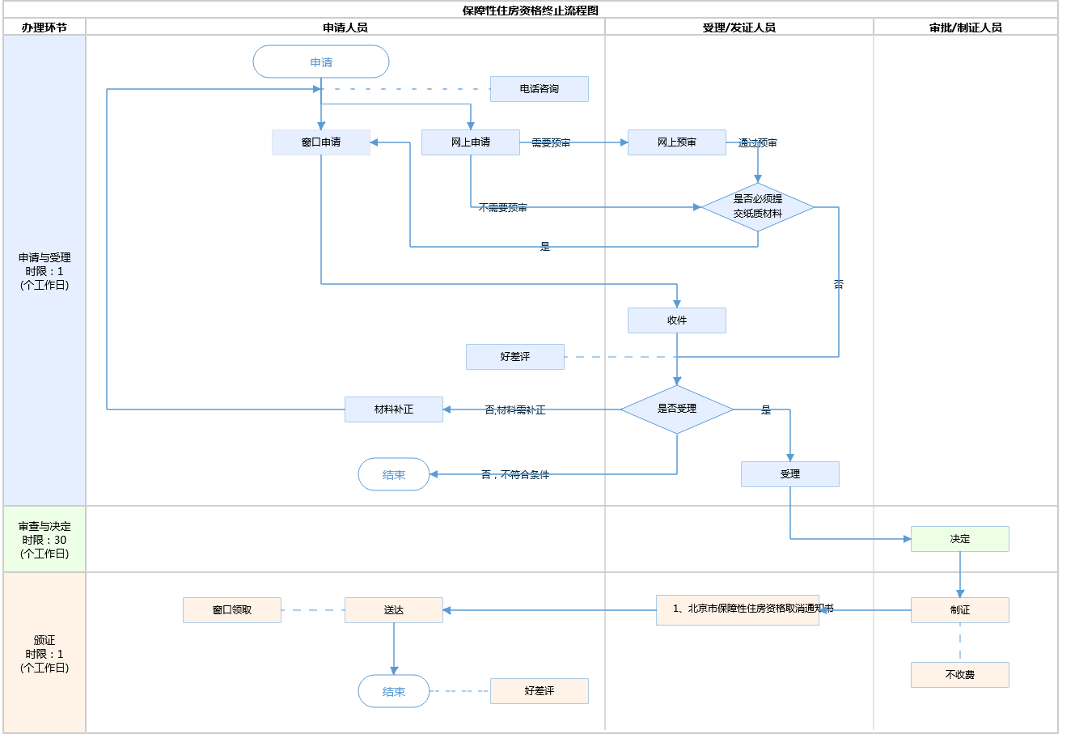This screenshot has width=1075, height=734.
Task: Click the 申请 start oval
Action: point(321,62)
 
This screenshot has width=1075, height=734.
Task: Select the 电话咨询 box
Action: point(539,89)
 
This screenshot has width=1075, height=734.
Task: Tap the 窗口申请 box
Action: point(321,142)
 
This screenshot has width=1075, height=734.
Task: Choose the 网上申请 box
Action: point(471,142)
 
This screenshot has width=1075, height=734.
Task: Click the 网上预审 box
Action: point(677,142)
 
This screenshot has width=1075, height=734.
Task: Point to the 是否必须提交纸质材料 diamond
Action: point(758,207)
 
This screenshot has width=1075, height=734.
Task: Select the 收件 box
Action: point(677,320)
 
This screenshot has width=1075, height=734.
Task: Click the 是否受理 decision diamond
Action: point(677,409)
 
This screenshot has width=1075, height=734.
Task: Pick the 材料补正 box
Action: point(394,409)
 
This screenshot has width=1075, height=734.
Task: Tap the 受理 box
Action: point(790,474)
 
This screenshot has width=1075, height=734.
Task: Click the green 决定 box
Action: point(960,539)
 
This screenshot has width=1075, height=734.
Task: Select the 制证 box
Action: point(960,610)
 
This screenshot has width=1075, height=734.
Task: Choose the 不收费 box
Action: point(960,675)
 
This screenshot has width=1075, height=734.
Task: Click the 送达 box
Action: point(394,610)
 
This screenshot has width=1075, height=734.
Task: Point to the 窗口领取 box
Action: point(232,610)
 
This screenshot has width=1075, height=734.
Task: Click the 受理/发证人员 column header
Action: point(739,28)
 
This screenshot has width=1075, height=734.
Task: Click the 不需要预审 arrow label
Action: point(502,208)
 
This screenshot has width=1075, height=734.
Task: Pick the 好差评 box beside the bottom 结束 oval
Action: point(540,691)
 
